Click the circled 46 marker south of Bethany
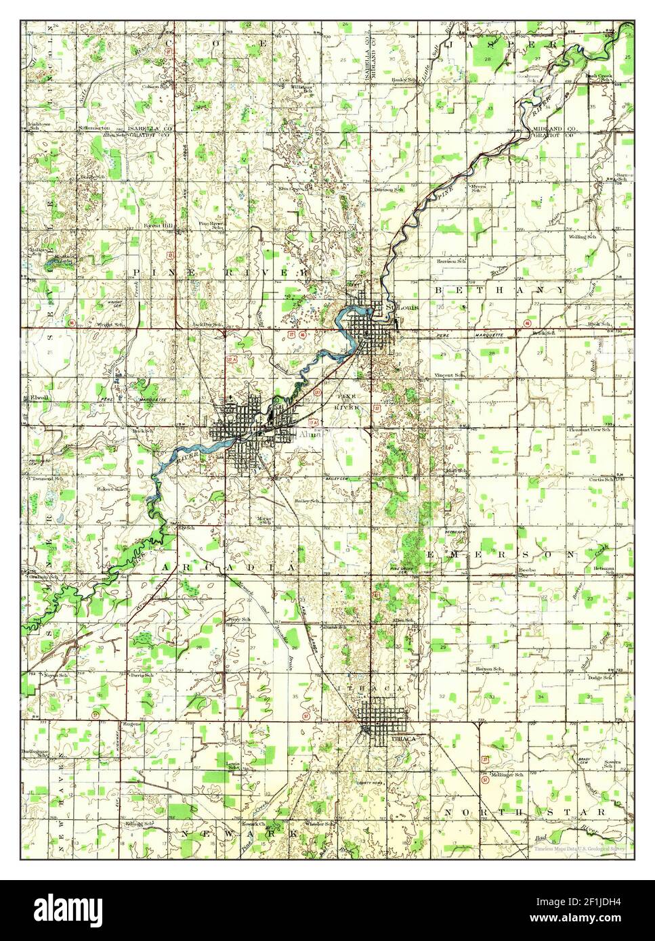pyautogui.click(x=526, y=323)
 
